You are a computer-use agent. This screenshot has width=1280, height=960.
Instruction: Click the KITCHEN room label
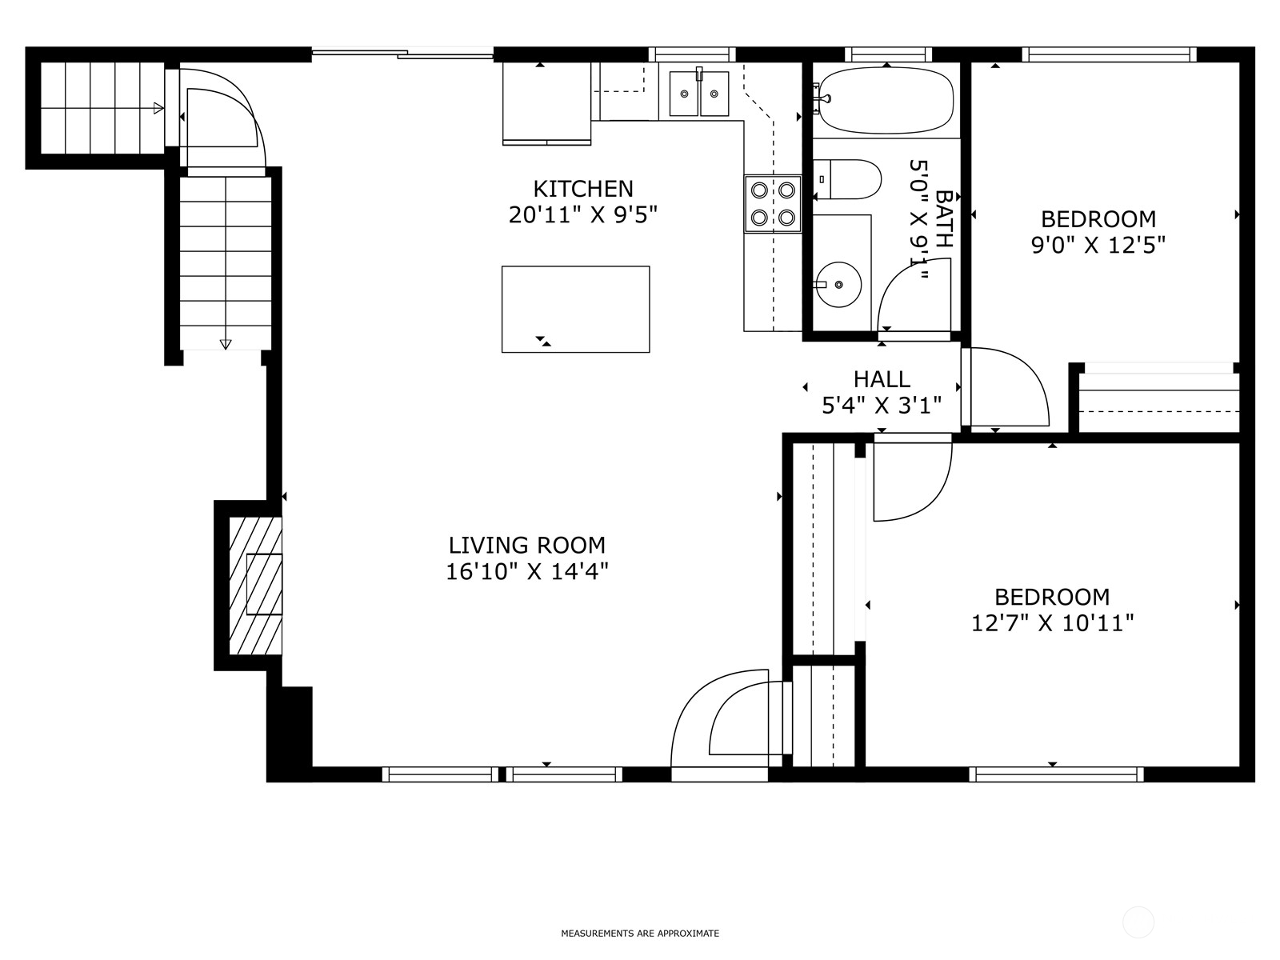[x=582, y=189]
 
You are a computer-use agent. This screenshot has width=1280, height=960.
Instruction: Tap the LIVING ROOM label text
[x=526, y=546]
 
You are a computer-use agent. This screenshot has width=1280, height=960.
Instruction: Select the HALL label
[x=881, y=379]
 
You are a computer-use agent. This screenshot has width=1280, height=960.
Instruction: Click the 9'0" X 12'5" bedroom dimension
[x=1098, y=246]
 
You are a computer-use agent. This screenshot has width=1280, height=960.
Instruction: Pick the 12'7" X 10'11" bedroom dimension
[x=1052, y=624]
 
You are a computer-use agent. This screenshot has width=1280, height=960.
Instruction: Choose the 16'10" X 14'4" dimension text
[x=526, y=572]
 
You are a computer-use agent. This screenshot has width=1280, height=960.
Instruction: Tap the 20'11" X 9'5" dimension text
[x=582, y=215]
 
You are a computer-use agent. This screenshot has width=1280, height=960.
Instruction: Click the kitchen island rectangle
[x=575, y=310]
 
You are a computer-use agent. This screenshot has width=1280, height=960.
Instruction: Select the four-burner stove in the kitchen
[x=773, y=204]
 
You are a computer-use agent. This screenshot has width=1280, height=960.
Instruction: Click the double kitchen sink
[x=698, y=94]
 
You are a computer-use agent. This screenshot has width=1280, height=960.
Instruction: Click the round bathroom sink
[x=838, y=285]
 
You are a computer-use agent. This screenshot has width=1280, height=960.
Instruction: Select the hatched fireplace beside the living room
[x=255, y=586]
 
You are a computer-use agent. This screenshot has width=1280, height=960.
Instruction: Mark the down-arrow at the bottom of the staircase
[x=226, y=345]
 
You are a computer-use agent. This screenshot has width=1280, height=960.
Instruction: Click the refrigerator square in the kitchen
[x=547, y=102]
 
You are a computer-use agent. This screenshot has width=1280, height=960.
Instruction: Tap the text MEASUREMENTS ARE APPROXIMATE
[x=640, y=933]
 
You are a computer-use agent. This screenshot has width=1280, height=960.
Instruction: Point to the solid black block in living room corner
[x=297, y=727]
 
